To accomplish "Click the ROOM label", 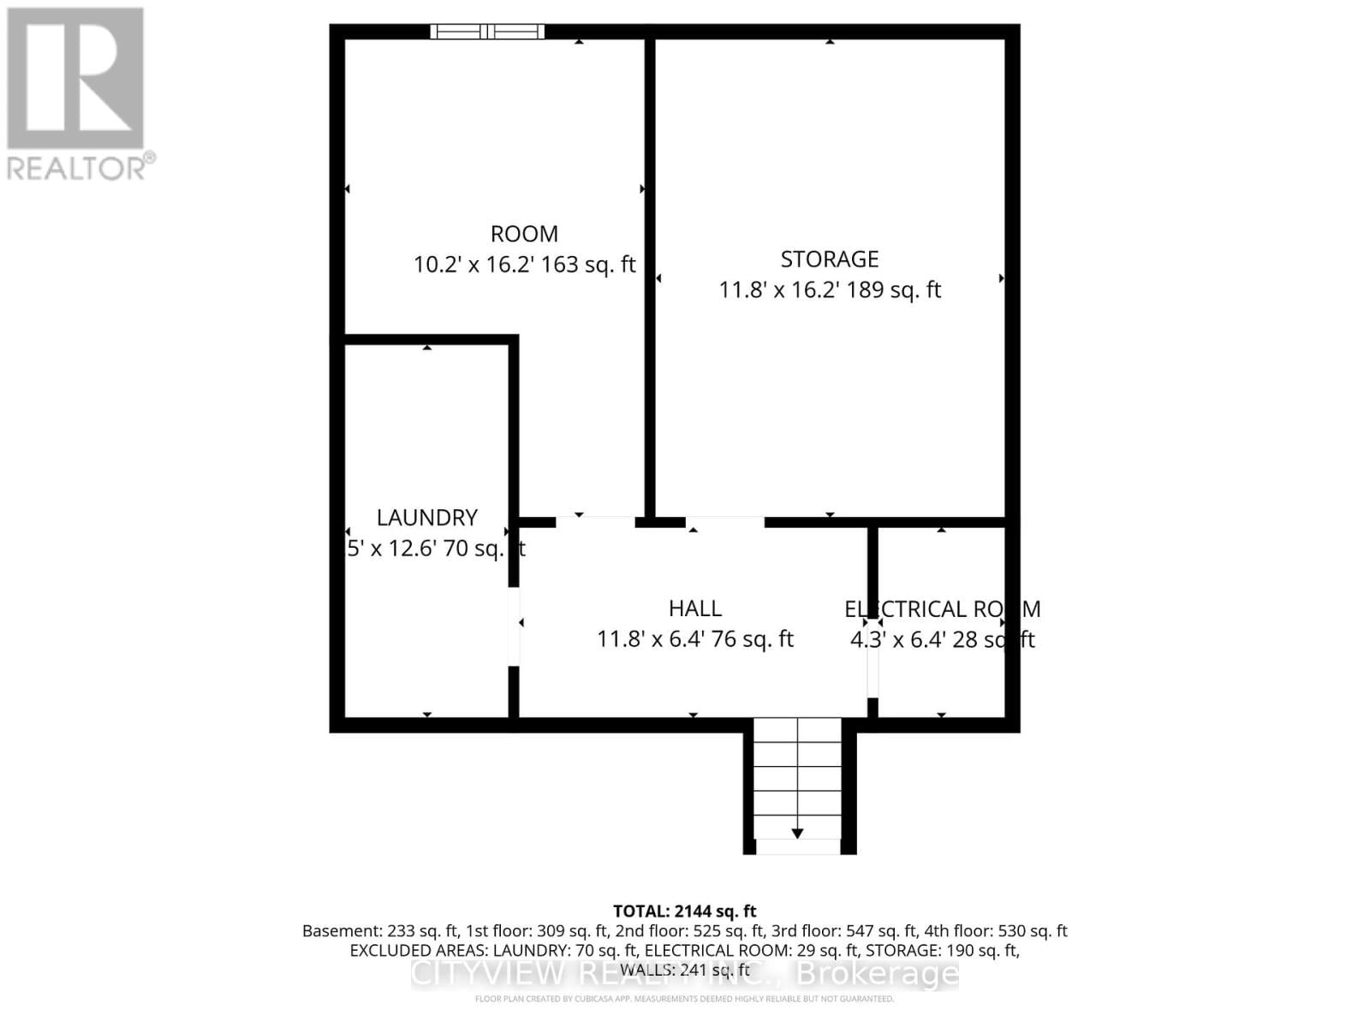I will pos(524,234).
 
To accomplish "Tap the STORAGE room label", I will pos(829,258).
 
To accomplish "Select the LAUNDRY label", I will pos(426,517).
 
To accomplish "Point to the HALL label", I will pos(694,608).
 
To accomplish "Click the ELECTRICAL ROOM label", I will pos(942,608).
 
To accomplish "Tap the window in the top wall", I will pos(486,32).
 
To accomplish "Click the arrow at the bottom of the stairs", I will pos(797,832).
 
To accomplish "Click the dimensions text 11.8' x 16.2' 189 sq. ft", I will pos(829,290).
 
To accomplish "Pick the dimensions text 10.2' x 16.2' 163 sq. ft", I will pos(524,264).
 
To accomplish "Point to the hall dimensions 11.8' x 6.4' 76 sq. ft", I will pos(694,639).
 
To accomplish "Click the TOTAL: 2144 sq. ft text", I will pos(684,911).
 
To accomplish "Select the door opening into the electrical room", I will pos(873,662).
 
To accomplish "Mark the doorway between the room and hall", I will pos(595,520).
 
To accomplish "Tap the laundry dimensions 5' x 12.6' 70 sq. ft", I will pos(435,549).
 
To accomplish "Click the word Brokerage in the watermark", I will pos(877,974).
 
